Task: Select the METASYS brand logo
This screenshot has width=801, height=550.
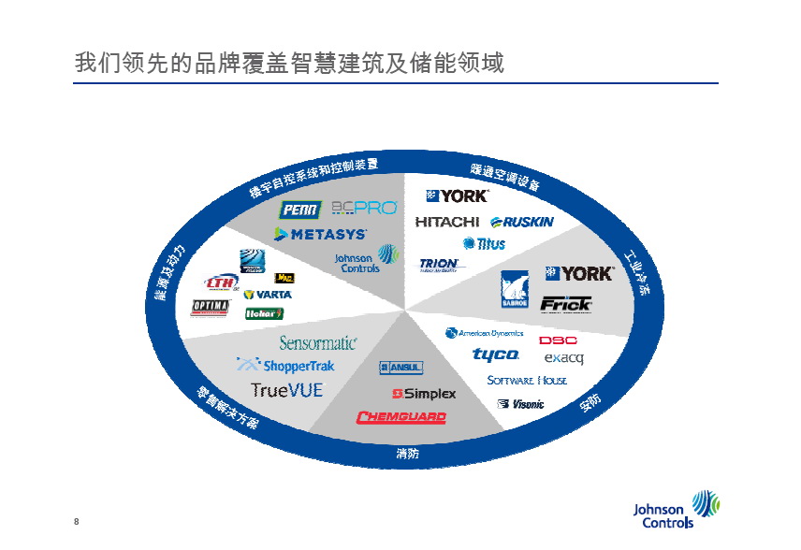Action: [320, 234]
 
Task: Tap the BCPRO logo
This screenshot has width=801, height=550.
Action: [364, 208]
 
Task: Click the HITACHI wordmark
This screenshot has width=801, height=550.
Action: [447, 222]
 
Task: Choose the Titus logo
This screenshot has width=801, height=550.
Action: [484, 243]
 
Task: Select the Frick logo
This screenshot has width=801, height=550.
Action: [565, 303]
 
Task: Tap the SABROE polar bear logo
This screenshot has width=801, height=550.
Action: [515, 290]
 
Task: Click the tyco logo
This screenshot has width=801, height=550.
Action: [495, 355]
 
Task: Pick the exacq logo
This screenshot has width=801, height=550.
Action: [564, 357]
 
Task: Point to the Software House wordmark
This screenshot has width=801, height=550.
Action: [527, 381]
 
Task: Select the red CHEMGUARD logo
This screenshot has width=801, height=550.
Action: [400, 417]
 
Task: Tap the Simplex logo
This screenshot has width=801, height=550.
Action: [424, 393]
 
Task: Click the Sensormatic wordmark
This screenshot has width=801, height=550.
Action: [317, 343]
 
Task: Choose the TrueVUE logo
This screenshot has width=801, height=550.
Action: [286, 389]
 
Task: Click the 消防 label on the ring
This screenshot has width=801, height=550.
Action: [407, 454]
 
